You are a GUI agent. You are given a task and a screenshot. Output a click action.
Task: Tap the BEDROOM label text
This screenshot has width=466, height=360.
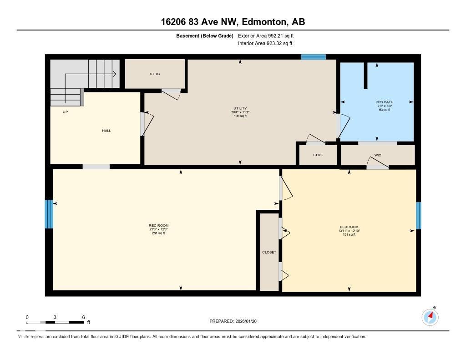[349, 227]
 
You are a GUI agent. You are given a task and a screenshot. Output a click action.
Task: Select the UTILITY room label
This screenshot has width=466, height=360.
[240, 108]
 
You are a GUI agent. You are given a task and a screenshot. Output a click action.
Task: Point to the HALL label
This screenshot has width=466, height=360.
[106, 131]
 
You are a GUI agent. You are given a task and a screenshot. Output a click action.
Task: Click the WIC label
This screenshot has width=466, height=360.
[377, 155]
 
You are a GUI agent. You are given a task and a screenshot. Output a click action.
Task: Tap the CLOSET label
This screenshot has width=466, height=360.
[269, 252]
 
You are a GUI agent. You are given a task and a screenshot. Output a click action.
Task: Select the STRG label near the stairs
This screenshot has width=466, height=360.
[155, 74]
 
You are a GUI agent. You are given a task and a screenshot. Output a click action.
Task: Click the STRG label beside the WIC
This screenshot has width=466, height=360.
[318, 155]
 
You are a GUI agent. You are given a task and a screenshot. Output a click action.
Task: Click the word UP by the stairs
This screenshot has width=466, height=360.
[66, 112]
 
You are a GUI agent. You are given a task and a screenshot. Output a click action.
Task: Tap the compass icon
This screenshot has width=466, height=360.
[430, 317]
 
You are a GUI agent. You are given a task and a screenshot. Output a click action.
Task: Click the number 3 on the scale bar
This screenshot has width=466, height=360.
[55, 317]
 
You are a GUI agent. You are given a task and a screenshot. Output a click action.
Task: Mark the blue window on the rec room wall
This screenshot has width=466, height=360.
[49, 214]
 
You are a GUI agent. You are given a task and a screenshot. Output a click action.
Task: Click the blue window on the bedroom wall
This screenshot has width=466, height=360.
[419, 216]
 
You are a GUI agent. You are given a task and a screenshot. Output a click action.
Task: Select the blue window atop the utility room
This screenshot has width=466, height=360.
[314, 57]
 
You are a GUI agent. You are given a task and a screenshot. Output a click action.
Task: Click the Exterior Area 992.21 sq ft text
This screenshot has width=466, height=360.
[269, 35]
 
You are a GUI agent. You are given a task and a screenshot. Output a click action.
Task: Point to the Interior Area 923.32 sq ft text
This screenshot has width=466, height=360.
[265, 44]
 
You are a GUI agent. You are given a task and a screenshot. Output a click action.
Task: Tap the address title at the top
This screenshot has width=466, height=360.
[233, 21]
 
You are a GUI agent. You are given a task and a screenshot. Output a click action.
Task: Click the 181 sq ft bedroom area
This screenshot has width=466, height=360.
[349, 235]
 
